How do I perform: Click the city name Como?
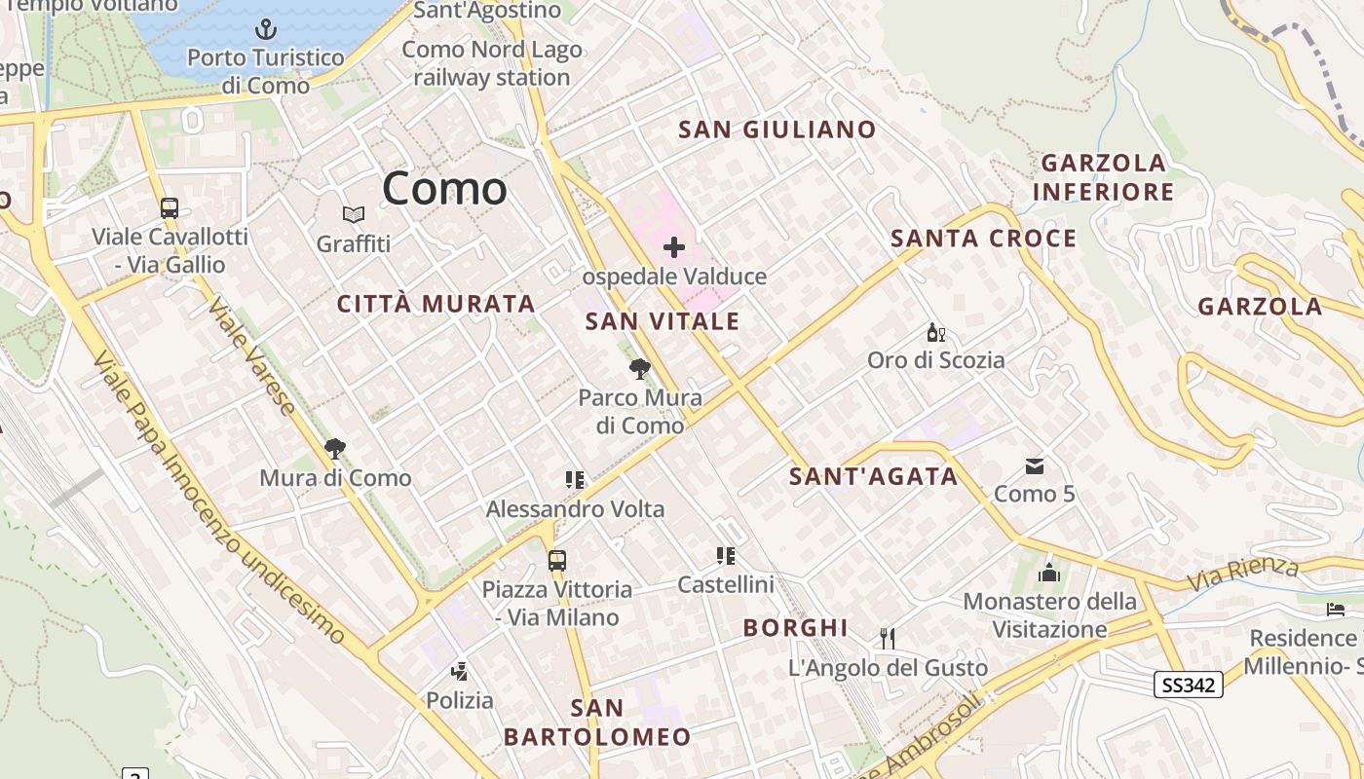coord(444,188)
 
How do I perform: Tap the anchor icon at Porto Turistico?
coord(265,29)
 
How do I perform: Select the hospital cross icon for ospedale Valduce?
coord(674,246)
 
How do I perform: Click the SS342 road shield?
coord(1189,685)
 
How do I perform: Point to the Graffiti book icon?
coord(353,214)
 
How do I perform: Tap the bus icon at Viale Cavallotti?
coord(170,207)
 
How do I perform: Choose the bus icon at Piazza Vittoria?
coord(557,561)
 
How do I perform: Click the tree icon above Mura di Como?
coord(335,449)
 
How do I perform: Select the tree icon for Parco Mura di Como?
coord(640,369)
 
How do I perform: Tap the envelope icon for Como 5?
coord(1035,466)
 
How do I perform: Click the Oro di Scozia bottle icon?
coord(936,333)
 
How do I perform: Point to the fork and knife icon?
coord(888,639)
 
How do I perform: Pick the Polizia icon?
coord(460,671)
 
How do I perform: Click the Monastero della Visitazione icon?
coord(1049,572)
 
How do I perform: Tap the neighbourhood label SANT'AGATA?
coord(873,476)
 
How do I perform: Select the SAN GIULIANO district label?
coord(777,130)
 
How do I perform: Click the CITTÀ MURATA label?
coord(436,304)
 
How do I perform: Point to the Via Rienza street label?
coord(1242,574)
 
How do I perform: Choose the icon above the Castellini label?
coord(726,556)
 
